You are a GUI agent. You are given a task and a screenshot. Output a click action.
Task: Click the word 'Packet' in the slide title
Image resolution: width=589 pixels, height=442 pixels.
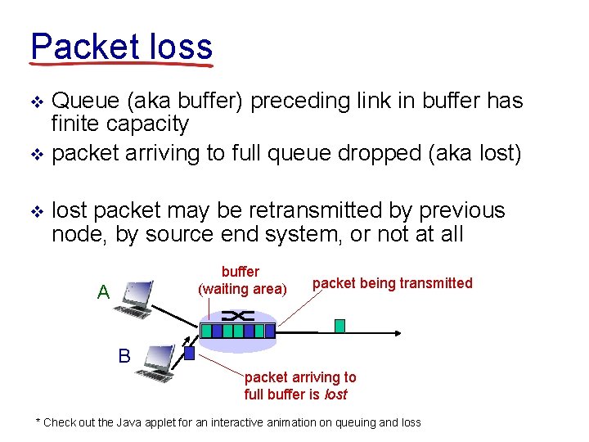(x=75, y=47)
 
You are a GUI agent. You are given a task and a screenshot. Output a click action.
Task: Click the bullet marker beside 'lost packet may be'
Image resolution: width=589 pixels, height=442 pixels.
(x=35, y=211)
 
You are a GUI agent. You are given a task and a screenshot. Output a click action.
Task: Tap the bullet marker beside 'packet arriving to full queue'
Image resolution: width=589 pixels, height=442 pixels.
(x=35, y=154)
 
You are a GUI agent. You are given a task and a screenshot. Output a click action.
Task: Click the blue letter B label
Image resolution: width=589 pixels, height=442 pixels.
(x=124, y=356)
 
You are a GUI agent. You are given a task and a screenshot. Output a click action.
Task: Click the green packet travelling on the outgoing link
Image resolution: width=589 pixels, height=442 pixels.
(x=339, y=326)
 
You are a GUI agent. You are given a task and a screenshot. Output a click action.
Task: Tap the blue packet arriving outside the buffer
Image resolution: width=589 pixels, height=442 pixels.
(x=189, y=354)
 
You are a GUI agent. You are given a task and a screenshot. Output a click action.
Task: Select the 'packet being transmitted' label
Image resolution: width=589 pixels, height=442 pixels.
(x=392, y=283)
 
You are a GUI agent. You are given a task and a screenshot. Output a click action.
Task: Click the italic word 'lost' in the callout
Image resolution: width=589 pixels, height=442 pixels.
(x=335, y=395)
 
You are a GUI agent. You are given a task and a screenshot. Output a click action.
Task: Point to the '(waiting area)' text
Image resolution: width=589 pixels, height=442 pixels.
(x=242, y=288)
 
